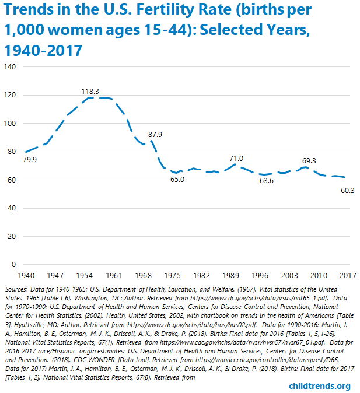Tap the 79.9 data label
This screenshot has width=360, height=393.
tap(30, 159)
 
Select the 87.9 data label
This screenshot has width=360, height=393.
tap(156, 134)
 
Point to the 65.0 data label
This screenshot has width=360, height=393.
tap(177, 180)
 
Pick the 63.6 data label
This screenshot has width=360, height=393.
tap(266, 181)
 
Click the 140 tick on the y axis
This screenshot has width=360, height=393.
tap(11, 67)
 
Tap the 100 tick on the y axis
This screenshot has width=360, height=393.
tap(11, 124)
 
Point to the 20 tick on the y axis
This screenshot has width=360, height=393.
tap(12, 237)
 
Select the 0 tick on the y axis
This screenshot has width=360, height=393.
tap(15, 265)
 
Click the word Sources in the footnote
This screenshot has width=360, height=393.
tap(16, 289)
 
